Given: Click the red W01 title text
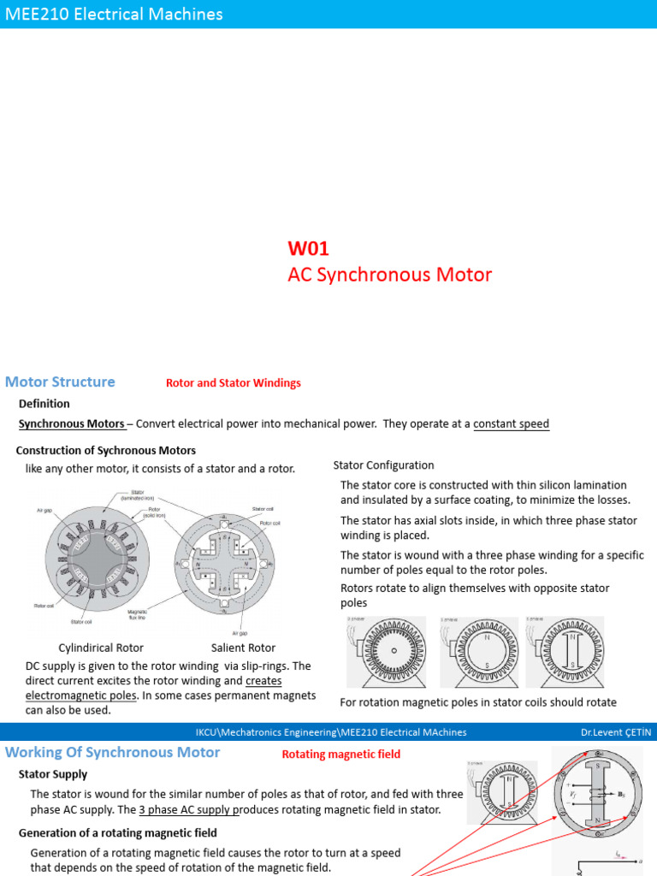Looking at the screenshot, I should tap(308, 248).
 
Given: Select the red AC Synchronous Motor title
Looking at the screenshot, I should tap(389, 275).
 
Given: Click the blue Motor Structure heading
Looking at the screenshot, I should tap(60, 382).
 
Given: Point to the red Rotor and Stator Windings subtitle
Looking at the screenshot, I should tap(233, 383).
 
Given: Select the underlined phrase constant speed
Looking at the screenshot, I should tap(511, 423).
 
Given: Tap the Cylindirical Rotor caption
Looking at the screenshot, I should tap(100, 648).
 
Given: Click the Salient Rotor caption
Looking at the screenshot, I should tap(243, 648).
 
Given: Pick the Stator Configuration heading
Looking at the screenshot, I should tap(383, 465).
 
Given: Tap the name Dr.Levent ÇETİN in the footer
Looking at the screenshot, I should tap(616, 732).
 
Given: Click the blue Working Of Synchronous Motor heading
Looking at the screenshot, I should tap(113, 753).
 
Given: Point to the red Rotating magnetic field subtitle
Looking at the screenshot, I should tap(340, 754).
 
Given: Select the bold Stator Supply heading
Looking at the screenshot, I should tap(53, 774).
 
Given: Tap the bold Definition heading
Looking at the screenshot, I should tap(44, 403).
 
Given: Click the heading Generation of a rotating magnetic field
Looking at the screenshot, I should tap(118, 832).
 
